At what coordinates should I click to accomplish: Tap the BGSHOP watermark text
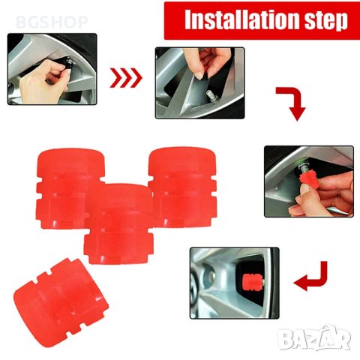point(52,22)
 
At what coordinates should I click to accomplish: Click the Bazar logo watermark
point(314,338)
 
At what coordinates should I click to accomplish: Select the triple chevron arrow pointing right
point(126,78)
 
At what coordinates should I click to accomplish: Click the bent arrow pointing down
point(292,103)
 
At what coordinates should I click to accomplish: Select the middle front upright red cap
point(119,223)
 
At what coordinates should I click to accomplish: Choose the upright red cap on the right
point(183,187)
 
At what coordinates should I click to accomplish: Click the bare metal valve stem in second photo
point(208,96)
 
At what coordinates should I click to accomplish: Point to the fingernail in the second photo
point(199,76)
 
